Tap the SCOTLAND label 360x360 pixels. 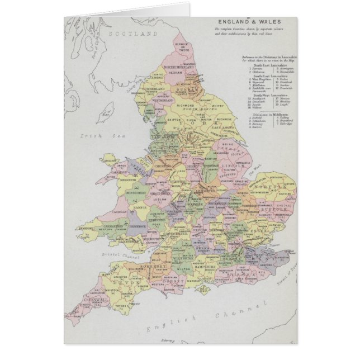(134, 34)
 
